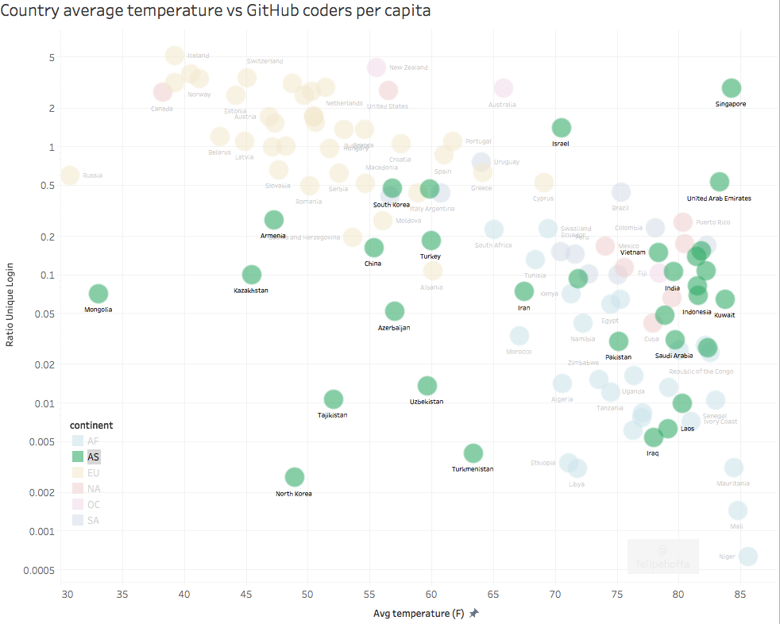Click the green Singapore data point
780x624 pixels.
732,89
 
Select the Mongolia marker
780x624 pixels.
98,295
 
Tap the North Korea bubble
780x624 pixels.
295,477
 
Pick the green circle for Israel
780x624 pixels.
562,128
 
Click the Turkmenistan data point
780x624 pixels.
473,453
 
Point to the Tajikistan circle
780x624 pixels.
334,399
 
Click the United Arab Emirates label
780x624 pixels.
719,198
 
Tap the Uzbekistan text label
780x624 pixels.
427,402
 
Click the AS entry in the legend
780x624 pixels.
93,456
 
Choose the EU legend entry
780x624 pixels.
93,473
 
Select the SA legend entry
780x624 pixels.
93,521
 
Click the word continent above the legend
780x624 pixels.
91,425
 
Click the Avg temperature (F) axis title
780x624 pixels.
419,614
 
